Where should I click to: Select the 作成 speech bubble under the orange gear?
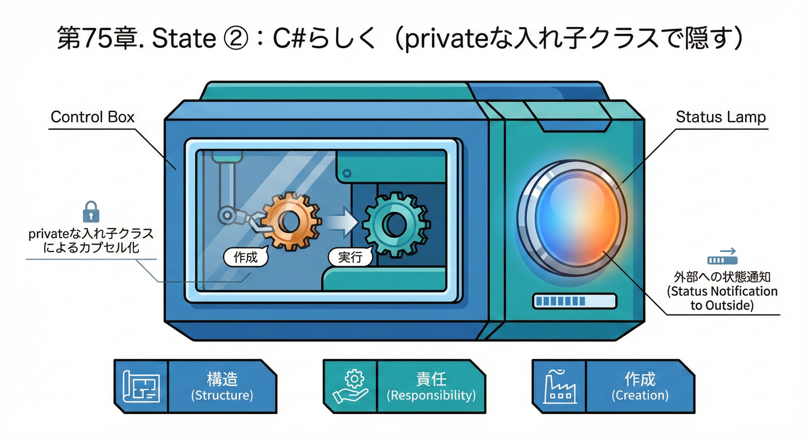pos(245,258)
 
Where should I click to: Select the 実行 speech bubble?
pos(350,257)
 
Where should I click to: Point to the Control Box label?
pos(93,117)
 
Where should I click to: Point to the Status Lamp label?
pos(721,117)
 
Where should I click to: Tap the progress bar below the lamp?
pos(574,301)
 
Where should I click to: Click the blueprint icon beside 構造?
pos(141,386)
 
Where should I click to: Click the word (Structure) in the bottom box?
pos(222,395)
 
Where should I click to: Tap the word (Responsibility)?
pos(431,395)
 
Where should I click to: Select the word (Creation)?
pos(640,395)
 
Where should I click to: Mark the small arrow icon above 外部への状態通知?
pos(722,256)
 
